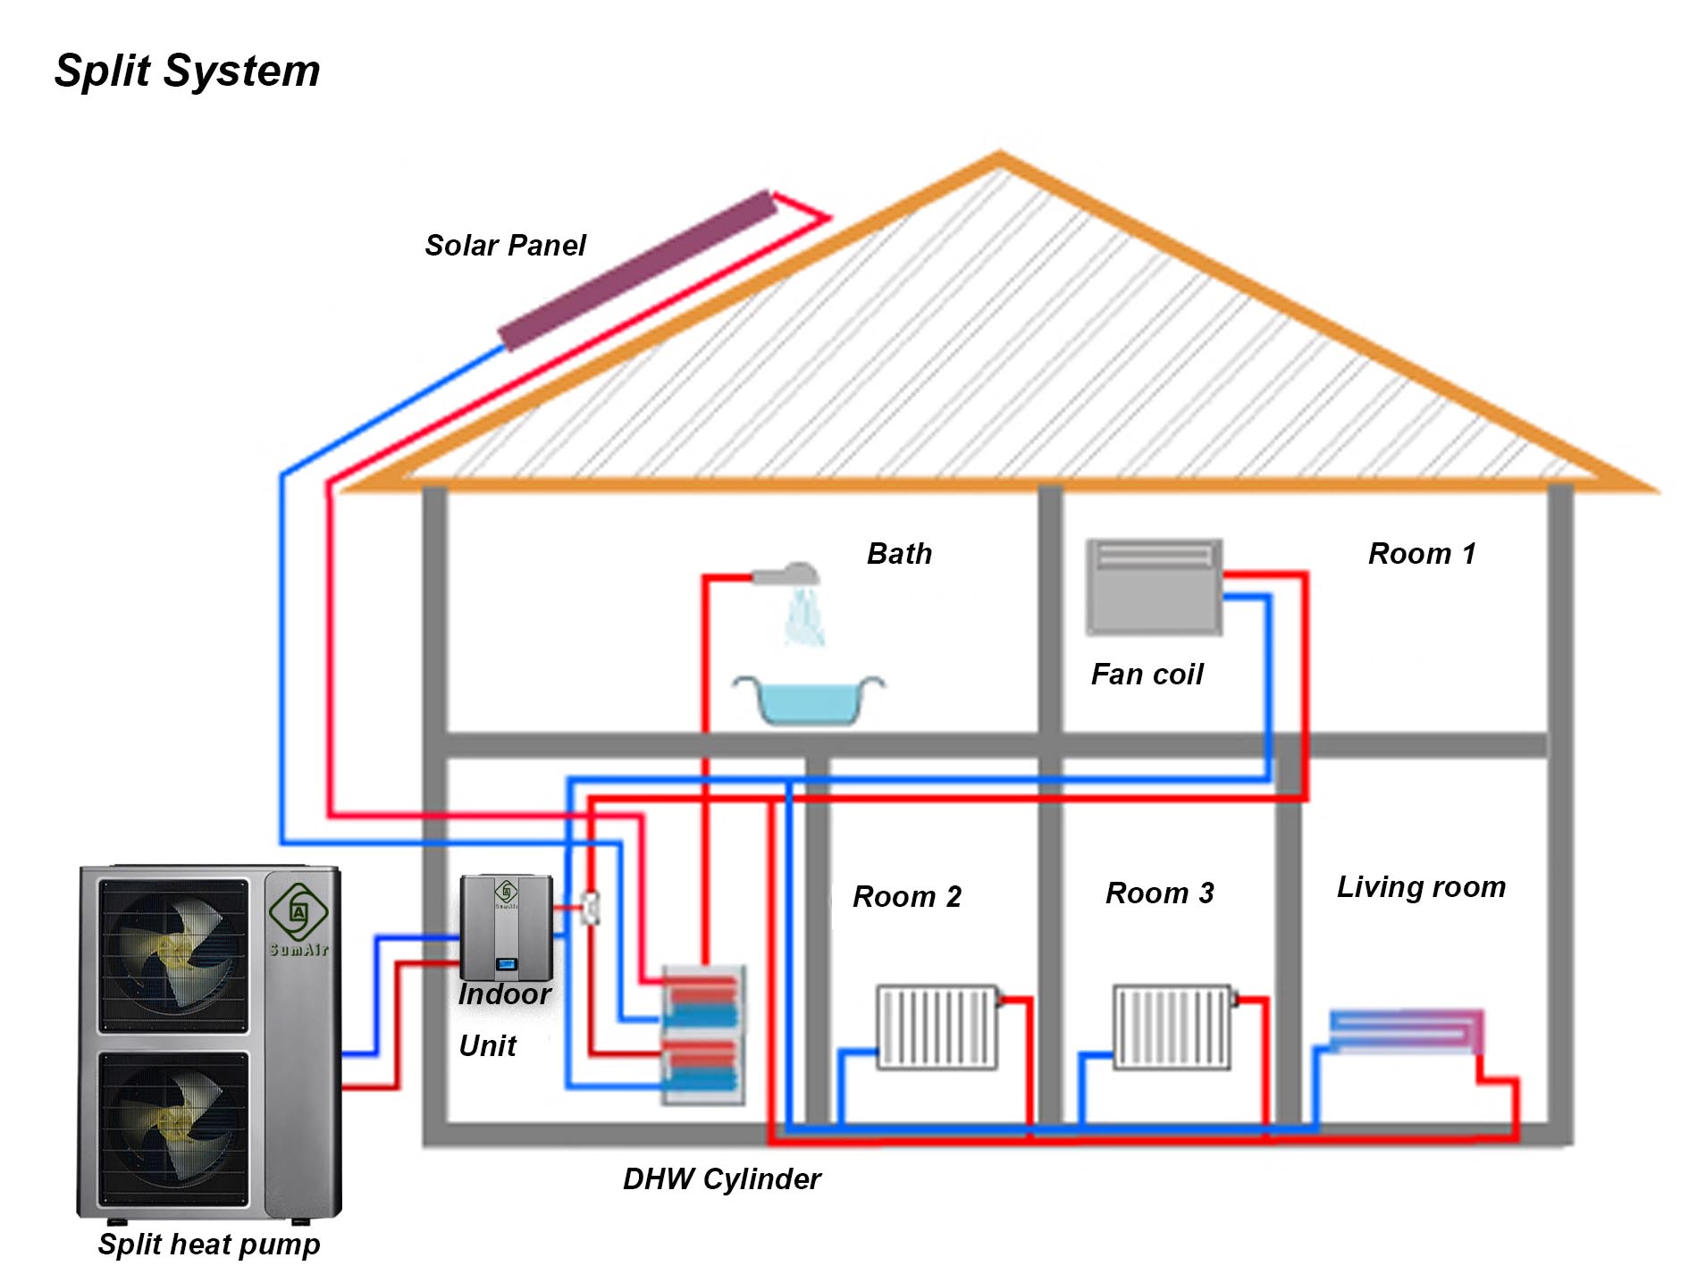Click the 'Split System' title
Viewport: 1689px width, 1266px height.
click(x=187, y=71)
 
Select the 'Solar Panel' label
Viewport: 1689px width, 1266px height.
click(x=505, y=245)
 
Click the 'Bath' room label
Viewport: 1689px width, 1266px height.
click(x=899, y=554)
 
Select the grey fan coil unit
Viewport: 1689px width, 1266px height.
click(x=1153, y=587)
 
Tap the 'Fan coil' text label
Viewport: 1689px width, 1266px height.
click(x=1147, y=674)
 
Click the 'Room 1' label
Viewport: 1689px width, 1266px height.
click(x=1421, y=554)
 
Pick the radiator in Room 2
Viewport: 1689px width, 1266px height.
click(x=937, y=1027)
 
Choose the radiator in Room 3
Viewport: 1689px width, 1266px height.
click(x=1172, y=1027)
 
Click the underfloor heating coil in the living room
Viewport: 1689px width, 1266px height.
click(x=1406, y=1031)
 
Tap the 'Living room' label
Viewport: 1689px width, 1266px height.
click(x=1421, y=887)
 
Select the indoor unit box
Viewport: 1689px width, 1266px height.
click(x=506, y=927)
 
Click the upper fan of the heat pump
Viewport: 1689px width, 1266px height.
click(x=173, y=955)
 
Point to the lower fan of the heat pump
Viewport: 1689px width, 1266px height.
click(x=173, y=1128)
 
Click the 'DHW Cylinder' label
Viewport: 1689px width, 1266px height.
click(x=721, y=1178)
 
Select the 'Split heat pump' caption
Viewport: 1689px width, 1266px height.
click(x=209, y=1244)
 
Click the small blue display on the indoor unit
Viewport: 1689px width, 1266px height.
click(x=507, y=963)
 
